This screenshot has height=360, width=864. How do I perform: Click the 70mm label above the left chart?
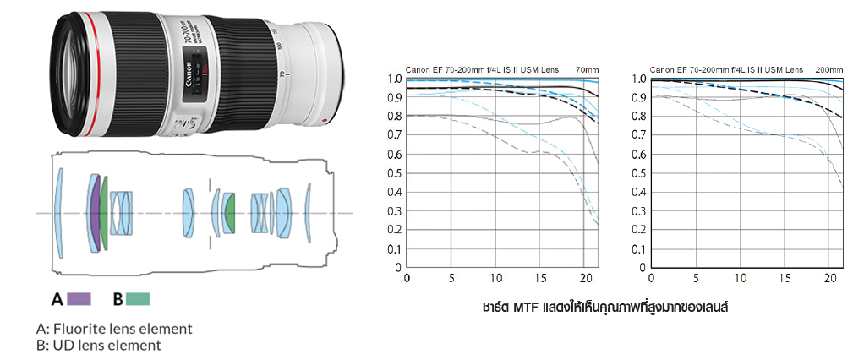click(586, 69)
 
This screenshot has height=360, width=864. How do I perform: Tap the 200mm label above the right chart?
click(828, 69)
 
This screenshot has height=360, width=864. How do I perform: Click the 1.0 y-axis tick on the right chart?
click(639, 79)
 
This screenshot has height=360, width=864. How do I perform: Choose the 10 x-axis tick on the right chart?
click(741, 279)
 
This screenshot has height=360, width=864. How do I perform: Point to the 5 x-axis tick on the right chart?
click(696, 279)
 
